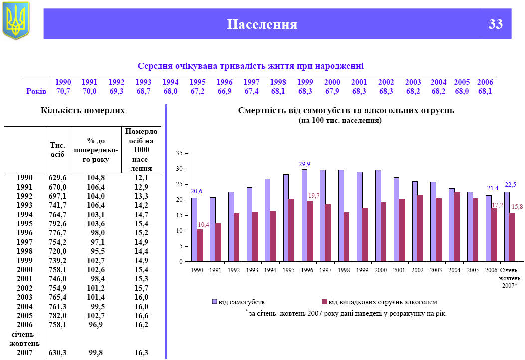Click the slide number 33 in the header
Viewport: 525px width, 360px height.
(x=495, y=24)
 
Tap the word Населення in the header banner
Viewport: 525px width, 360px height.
(x=262, y=24)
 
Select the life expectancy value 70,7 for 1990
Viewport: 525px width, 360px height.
(x=63, y=91)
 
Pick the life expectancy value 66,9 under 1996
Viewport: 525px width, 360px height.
(x=224, y=91)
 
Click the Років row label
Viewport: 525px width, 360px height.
(x=36, y=91)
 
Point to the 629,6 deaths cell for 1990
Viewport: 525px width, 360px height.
(x=58, y=178)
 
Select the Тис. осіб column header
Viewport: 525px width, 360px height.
(x=58, y=150)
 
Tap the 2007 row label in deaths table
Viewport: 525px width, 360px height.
(x=24, y=352)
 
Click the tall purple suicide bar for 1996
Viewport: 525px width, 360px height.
(x=304, y=215)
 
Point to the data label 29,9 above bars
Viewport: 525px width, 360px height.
(x=304, y=164)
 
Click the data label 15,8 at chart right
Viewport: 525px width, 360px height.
(x=517, y=207)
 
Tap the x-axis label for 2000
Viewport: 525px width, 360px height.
(x=381, y=270)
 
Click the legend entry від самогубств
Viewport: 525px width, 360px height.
(x=238, y=302)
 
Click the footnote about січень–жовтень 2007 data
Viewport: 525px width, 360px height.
(x=345, y=313)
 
